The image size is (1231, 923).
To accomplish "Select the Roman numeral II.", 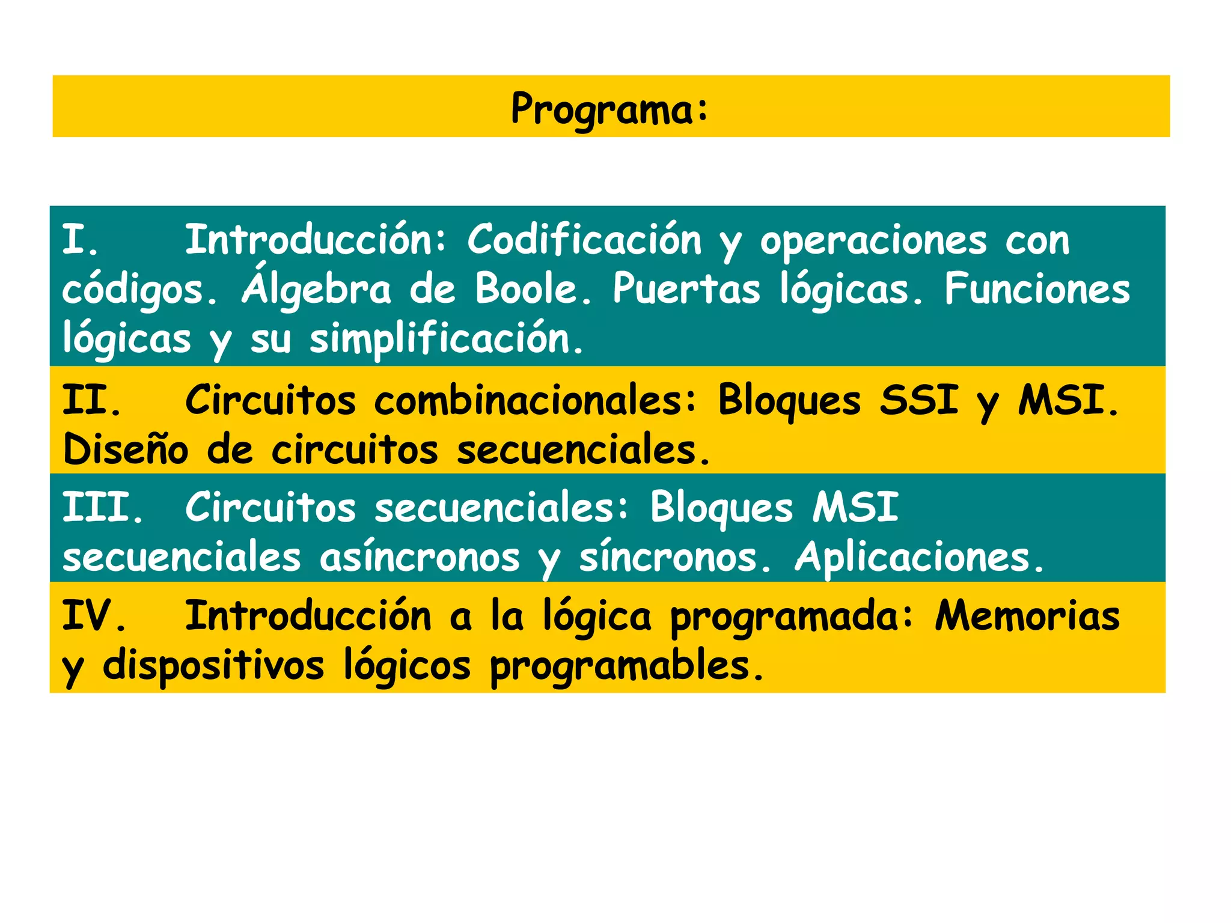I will [x=90, y=400].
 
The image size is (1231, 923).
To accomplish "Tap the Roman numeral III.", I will [x=102, y=508].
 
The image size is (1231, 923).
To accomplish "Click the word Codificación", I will [x=584, y=240].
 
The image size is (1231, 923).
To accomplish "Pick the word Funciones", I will [x=1037, y=289].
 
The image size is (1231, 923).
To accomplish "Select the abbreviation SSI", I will [x=918, y=400].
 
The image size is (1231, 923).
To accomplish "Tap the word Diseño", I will [x=125, y=449].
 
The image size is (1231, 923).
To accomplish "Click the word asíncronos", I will [x=419, y=557].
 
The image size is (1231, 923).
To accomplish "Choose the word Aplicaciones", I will [x=918, y=557].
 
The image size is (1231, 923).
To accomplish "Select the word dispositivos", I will [x=213, y=666].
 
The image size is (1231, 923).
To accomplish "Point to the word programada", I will [x=791, y=618].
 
